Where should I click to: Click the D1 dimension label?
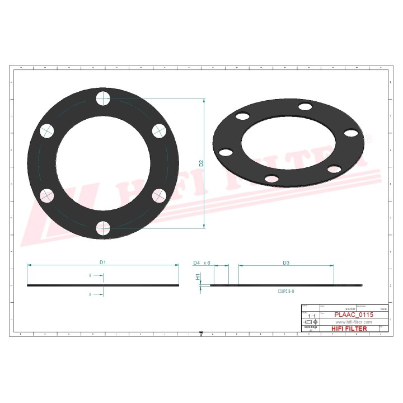tap(103, 262)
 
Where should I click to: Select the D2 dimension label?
tap(201, 163)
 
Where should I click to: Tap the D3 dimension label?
tap(285, 262)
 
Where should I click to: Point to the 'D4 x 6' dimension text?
tap(201, 262)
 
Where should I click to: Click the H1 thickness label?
tap(198, 277)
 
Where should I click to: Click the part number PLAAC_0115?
tap(354, 316)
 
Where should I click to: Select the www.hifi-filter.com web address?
tap(354, 322)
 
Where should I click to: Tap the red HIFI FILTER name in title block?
tap(350, 329)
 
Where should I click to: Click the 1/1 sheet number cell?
tap(312, 316)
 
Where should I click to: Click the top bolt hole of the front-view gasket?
tap(103, 99)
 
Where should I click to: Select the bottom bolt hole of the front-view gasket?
tap(103, 228)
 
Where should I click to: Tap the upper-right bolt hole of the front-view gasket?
tap(159, 131)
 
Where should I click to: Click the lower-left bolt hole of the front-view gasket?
tap(47, 195)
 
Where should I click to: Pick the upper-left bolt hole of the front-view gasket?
tap(47, 131)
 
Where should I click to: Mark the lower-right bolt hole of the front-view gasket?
tap(159, 195)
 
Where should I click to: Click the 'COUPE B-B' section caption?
tap(285, 292)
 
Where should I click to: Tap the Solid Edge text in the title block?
tap(310, 329)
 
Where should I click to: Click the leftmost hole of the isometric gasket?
tap(225, 152)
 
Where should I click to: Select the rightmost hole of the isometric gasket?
tap(351, 133)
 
